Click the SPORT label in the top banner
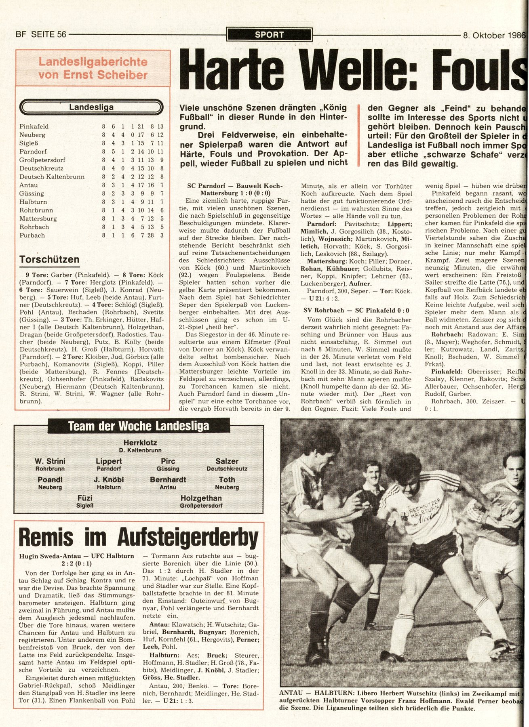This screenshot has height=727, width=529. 269,35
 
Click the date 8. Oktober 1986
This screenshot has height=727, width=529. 493,35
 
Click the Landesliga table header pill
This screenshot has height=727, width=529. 91,107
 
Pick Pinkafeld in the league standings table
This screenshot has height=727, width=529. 34,126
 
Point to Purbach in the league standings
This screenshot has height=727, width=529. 32,235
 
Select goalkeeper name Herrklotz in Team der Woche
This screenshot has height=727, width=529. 140,443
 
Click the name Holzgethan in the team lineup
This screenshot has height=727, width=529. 201,498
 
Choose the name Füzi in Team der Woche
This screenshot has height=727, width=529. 85,498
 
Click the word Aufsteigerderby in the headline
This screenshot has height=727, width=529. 188,538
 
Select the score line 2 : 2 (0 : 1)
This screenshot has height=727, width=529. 76,564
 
